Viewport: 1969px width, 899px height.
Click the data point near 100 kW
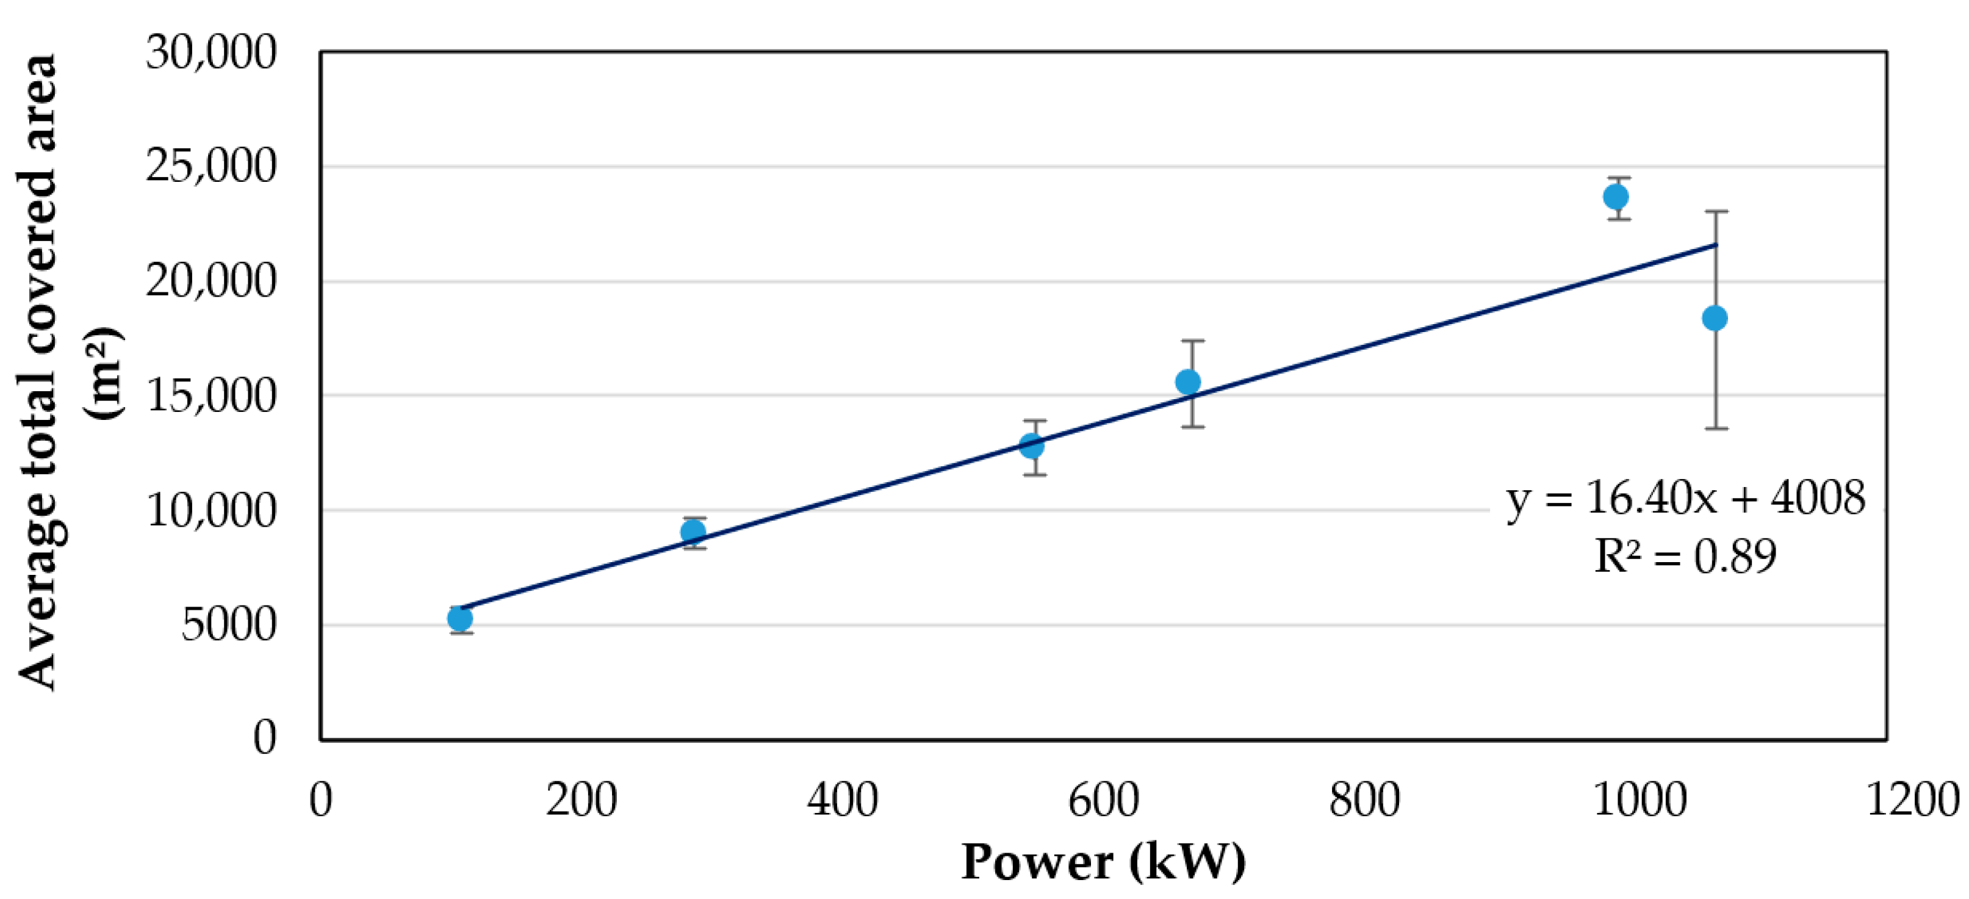(459, 618)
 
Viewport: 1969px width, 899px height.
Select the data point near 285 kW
(693, 532)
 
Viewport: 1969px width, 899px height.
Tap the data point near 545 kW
(1032, 445)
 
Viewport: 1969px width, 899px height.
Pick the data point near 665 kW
(1188, 381)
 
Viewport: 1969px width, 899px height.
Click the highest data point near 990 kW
(1615, 197)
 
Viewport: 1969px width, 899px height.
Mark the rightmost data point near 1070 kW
(1715, 318)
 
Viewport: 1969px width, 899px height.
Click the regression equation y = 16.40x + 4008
(1685, 499)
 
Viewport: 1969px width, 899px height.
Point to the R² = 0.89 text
(1685, 556)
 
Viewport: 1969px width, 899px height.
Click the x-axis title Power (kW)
(1103, 862)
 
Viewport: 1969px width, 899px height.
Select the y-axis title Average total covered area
(38, 372)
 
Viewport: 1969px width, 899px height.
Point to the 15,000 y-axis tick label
(211, 395)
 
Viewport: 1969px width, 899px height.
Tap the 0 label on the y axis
(264, 738)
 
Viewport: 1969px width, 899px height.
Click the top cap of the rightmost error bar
(1717, 212)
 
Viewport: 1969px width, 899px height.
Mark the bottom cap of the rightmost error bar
(1717, 428)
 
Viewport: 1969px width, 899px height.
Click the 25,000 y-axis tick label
(211, 166)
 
